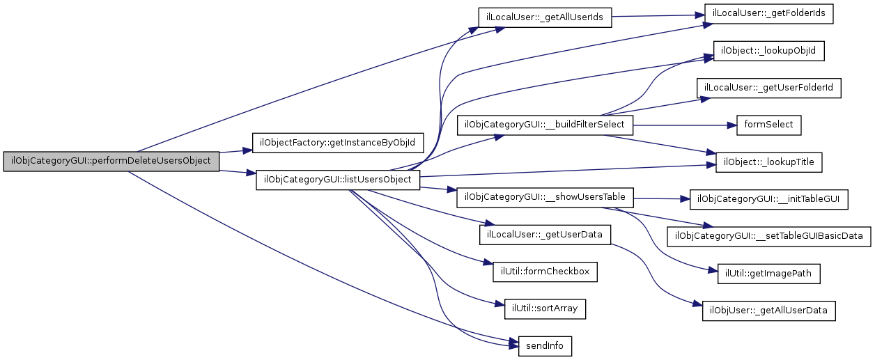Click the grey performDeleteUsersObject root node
coord(111,161)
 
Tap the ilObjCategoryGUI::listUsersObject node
coord(339,180)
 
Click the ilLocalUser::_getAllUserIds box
coord(545,17)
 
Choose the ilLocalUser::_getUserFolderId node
coord(769,88)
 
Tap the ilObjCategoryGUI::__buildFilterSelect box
coord(545,125)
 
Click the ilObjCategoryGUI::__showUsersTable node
coord(545,198)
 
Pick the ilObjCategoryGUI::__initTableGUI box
coord(768,199)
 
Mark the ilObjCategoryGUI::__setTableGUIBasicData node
coord(769,237)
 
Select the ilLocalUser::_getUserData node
coord(545,235)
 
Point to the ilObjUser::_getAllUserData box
coord(768,311)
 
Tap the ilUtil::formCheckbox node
coord(545,272)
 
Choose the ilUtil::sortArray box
coord(545,308)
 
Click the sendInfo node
coord(545,346)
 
